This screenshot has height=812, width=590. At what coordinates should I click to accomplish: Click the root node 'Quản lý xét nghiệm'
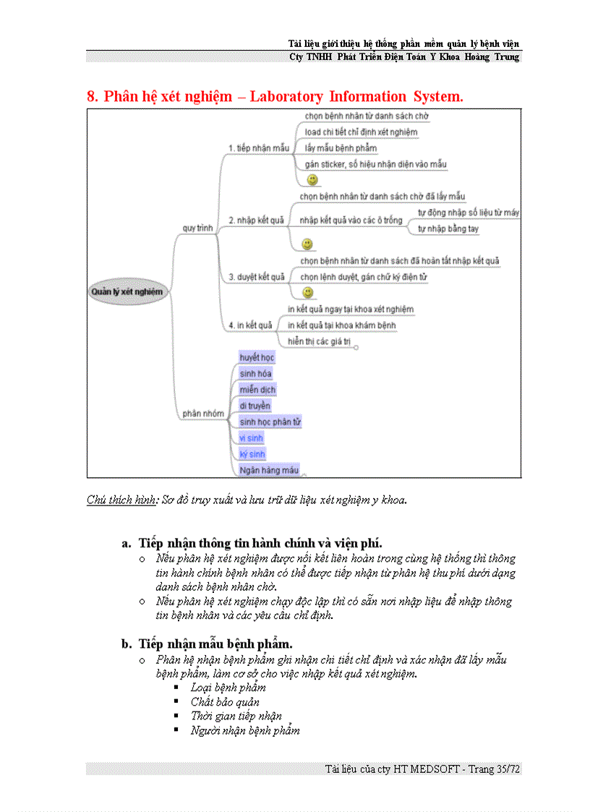pyautogui.click(x=127, y=292)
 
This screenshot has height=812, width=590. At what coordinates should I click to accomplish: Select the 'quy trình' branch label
pyautogui.click(x=197, y=228)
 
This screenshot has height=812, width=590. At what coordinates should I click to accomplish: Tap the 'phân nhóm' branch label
pyautogui.click(x=202, y=414)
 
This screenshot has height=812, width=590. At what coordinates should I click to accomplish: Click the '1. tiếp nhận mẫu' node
pyautogui.click(x=258, y=148)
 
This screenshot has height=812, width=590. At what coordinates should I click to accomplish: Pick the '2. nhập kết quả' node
pyautogui.click(x=256, y=221)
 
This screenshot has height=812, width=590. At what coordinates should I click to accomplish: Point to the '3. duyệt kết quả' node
pyautogui.click(x=256, y=277)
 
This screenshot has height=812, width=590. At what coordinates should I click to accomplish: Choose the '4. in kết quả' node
pyautogui.click(x=250, y=325)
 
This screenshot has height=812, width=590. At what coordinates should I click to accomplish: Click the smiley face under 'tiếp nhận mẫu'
pyautogui.click(x=312, y=179)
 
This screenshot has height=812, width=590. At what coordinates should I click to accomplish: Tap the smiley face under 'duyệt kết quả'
pyautogui.click(x=308, y=292)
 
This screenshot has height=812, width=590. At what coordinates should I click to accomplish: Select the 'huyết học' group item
pyautogui.click(x=257, y=358)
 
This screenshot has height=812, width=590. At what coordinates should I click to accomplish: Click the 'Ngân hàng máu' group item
pyautogui.click(x=269, y=470)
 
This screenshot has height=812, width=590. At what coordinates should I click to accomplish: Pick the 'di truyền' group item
pyautogui.click(x=255, y=406)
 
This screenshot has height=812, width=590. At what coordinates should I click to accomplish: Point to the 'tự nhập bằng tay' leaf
pyautogui.click(x=448, y=229)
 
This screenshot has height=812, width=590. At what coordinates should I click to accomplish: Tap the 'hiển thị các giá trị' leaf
pyautogui.click(x=319, y=341)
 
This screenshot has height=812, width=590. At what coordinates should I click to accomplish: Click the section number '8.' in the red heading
pyautogui.click(x=92, y=96)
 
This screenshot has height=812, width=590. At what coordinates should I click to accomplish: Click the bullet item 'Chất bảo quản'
pyautogui.click(x=225, y=701)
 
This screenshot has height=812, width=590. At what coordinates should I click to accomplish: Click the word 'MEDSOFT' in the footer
pyautogui.click(x=435, y=769)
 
